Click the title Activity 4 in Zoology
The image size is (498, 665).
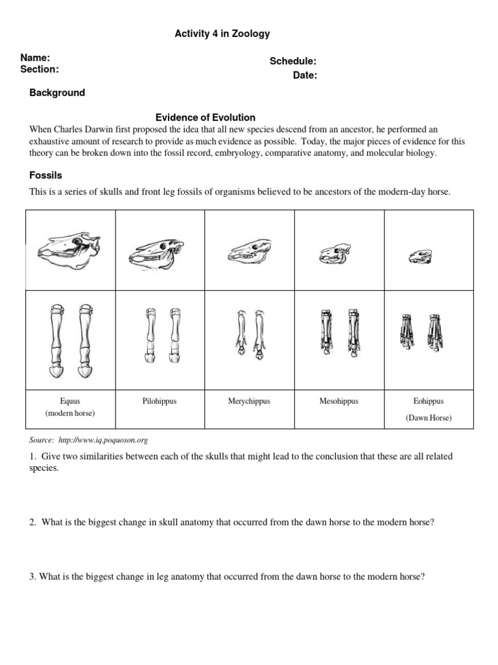[222, 34]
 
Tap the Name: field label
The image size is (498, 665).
[35, 58]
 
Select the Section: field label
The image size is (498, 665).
[40, 69]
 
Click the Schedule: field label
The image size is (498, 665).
[293, 62]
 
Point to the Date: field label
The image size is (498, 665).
[305, 75]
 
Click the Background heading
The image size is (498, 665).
[57, 93]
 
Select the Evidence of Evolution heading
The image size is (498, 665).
[206, 118]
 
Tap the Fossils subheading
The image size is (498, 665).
[45, 175]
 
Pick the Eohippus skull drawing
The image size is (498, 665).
[416, 257]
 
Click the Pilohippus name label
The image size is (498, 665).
[160, 401]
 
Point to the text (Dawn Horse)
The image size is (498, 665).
[429, 418]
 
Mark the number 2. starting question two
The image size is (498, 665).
[33, 522]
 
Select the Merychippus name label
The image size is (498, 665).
[249, 401]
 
